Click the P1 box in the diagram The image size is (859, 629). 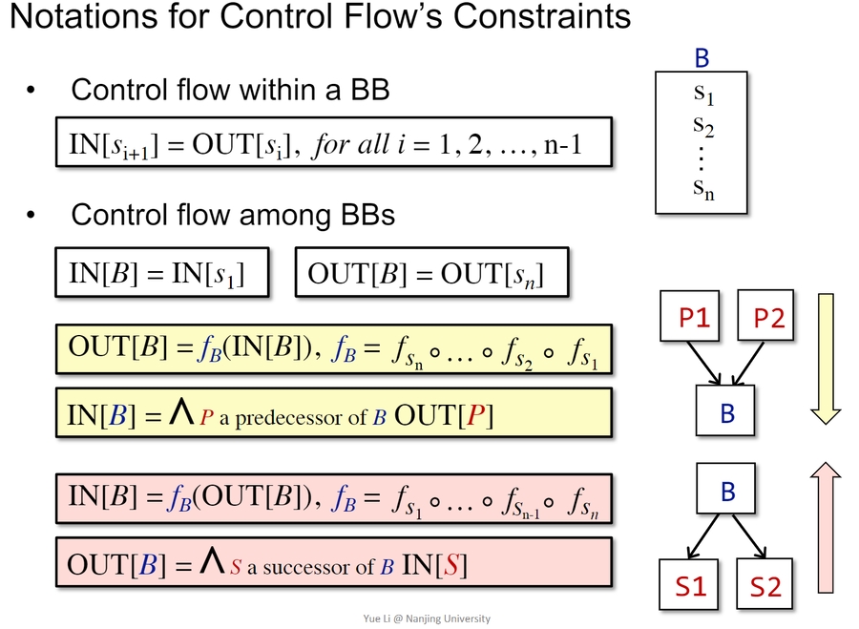pyautogui.click(x=694, y=319)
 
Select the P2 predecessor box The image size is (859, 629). pyautogui.click(x=768, y=319)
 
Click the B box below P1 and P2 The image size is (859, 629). pyautogui.click(x=727, y=411)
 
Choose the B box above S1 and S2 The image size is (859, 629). pyautogui.click(x=727, y=492)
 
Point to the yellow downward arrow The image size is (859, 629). pyautogui.click(x=827, y=358)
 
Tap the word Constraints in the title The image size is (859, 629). pyautogui.click(x=535, y=16)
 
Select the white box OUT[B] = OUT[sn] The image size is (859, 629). pyautogui.click(x=432, y=274)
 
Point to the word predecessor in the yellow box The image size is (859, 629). pyautogui.click(x=269, y=418)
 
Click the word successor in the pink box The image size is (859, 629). pyautogui.click(x=303, y=567)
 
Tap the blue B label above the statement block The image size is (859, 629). pyautogui.click(x=702, y=58)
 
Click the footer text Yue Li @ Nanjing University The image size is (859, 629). pyautogui.click(x=429, y=619)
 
